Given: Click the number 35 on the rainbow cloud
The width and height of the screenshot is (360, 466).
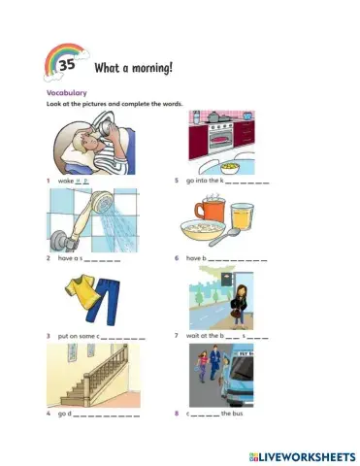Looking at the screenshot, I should tap(67, 66).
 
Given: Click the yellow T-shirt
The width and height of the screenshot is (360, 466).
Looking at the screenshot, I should tap(80, 287).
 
